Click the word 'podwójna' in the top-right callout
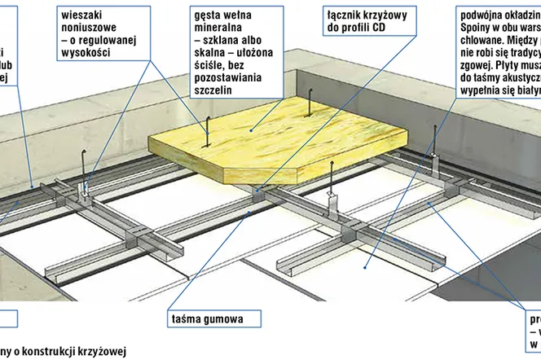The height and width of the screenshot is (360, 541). coord(482,14)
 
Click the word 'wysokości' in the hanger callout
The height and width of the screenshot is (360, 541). coord(86,52)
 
